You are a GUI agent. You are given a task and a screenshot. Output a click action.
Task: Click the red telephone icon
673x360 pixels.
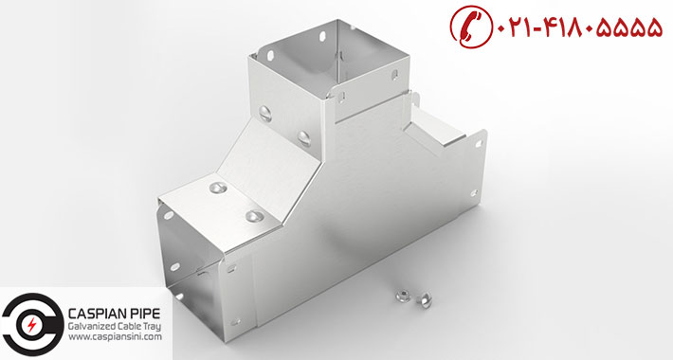(472, 27)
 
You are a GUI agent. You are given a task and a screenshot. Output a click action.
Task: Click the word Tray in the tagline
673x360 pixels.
(153, 327)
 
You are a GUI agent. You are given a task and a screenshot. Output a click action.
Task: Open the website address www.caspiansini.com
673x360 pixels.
(115, 337)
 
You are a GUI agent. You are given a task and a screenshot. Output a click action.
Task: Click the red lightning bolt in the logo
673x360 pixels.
(32, 325)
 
